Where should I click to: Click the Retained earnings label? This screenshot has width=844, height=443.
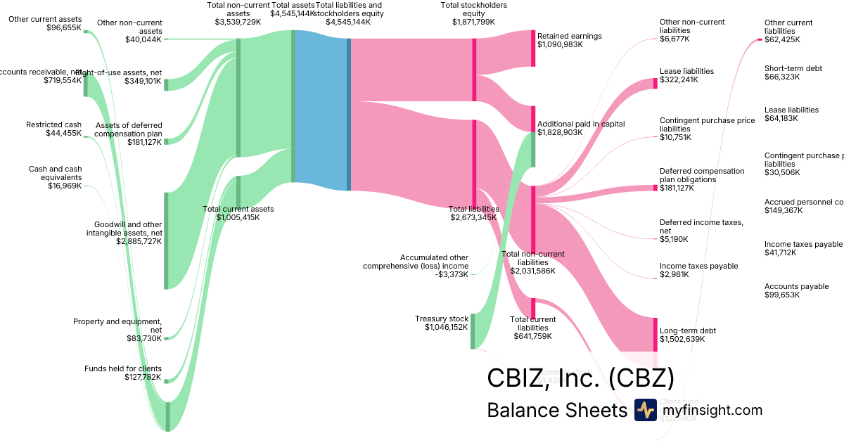[x=569, y=36]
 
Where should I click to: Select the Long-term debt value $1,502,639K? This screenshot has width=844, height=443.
[x=682, y=340]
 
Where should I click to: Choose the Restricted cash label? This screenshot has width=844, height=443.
[x=54, y=124]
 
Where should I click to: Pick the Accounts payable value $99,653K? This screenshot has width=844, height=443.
[x=784, y=295]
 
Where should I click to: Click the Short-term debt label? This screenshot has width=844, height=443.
[x=793, y=68]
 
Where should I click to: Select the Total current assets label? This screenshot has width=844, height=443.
[x=238, y=209]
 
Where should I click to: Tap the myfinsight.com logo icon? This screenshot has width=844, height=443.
[x=645, y=410]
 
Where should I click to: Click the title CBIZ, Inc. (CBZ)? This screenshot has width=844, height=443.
[x=580, y=378]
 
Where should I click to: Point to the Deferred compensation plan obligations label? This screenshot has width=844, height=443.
[x=701, y=175]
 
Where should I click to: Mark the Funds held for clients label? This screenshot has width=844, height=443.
[x=123, y=368]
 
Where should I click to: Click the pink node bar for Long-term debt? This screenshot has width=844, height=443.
[x=656, y=334]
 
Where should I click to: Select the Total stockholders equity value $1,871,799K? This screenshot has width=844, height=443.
[x=473, y=22]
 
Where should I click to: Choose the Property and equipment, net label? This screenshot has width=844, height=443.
[x=117, y=326]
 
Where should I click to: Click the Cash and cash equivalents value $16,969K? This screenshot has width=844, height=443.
[x=65, y=186]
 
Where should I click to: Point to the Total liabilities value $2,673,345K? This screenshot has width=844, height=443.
[x=473, y=217]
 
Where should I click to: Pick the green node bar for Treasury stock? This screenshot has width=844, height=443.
[x=472, y=330]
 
